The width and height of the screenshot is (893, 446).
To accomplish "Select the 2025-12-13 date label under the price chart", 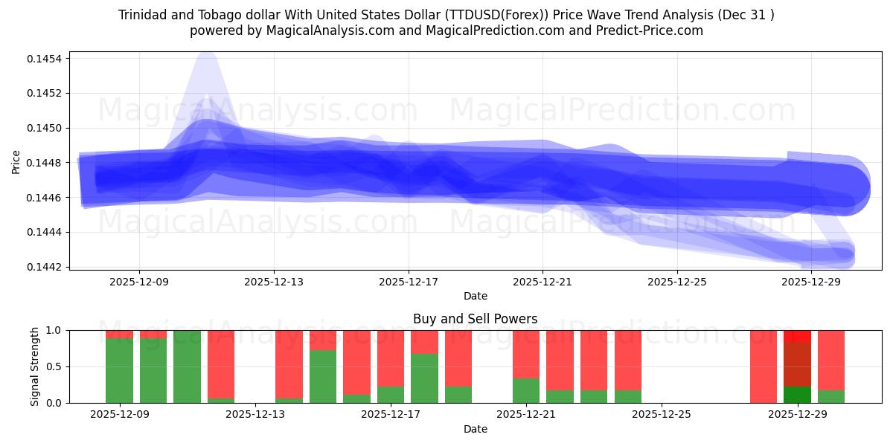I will pyautogui.click(x=274, y=282).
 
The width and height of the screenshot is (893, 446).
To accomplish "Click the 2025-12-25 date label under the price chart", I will pyautogui.click(x=676, y=282).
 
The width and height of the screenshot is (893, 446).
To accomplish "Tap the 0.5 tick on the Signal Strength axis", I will pyautogui.click(x=56, y=366).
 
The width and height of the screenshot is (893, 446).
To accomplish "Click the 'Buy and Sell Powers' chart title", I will pyautogui.click(x=475, y=319).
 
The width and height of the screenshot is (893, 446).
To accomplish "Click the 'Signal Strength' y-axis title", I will pyautogui.click(x=34, y=366).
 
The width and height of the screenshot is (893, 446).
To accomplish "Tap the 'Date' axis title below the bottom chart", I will pyautogui.click(x=475, y=429).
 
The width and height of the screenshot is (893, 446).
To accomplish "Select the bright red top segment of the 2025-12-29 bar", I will pyautogui.click(x=797, y=336).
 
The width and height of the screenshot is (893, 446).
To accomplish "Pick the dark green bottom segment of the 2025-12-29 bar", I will pyautogui.click(x=797, y=395).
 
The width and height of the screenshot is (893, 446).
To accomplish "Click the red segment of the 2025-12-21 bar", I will pyautogui.click(x=525, y=353).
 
